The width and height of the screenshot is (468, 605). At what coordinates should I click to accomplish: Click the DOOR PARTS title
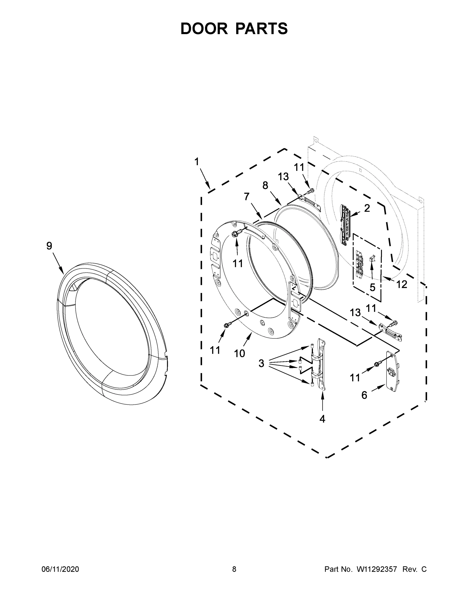234,28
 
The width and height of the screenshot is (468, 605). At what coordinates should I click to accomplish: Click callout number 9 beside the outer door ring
49,246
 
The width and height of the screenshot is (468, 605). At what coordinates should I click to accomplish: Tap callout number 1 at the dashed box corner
197,162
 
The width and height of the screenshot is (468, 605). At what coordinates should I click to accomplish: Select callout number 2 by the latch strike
367,208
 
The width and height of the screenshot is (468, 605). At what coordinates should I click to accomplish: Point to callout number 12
402,284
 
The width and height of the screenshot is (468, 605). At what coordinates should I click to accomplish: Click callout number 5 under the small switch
372,288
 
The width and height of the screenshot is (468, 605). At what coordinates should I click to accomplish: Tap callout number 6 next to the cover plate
364,395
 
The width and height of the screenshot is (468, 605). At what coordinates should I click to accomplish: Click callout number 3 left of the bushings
261,363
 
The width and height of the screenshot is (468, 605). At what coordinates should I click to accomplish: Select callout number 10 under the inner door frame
239,353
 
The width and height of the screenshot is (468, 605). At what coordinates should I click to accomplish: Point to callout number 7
246,196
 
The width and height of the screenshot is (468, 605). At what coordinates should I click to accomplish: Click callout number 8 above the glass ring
265,185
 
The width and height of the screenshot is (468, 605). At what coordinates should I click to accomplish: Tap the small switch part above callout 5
372,259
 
